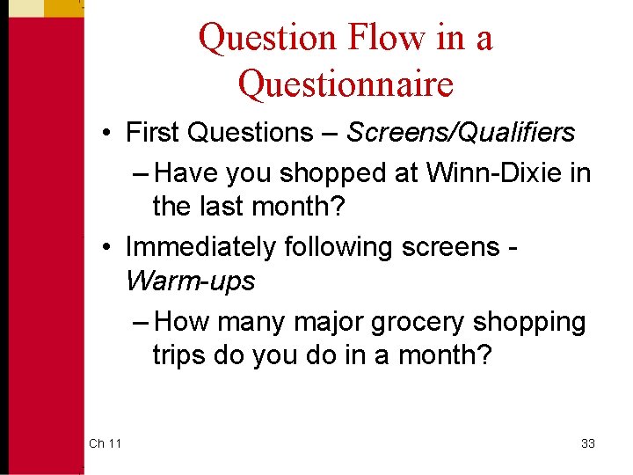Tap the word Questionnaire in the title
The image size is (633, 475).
(346, 84)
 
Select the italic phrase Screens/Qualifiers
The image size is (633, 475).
(461, 133)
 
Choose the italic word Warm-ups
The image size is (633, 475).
(190, 281)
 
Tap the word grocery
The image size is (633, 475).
(418, 322)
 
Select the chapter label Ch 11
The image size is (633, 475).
(105, 443)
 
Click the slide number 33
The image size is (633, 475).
(588, 443)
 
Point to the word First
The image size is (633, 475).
(155, 133)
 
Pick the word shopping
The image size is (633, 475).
(529, 322)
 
